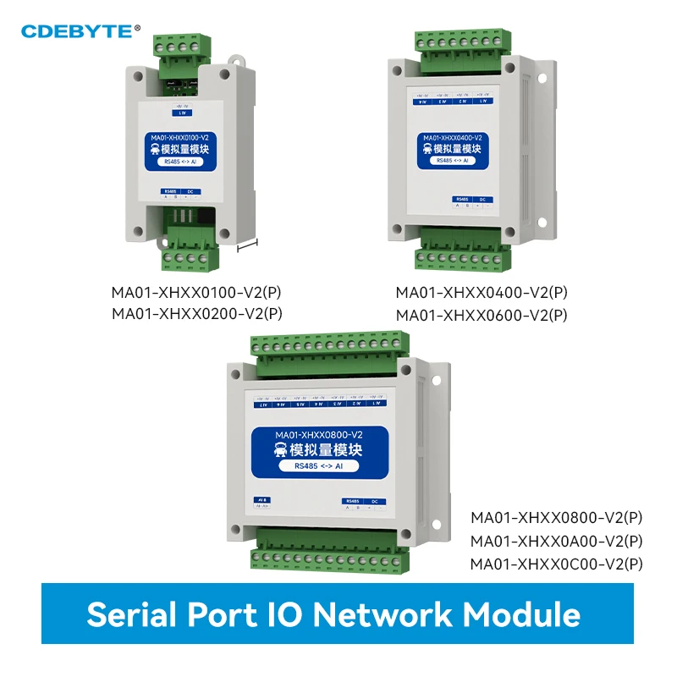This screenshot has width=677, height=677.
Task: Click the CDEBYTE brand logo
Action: point(76,31)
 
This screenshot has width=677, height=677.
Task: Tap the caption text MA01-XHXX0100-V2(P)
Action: point(196,293)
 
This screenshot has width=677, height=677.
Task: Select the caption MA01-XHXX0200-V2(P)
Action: point(196,313)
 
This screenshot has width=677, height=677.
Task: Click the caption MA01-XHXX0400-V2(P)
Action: point(482,293)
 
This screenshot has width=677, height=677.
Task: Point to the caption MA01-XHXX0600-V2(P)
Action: point(482,314)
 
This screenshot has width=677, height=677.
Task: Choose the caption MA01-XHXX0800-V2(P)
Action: point(557,517)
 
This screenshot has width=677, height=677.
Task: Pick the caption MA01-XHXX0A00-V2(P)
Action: point(557,541)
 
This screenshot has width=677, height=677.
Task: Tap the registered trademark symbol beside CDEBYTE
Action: point(138,27)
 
